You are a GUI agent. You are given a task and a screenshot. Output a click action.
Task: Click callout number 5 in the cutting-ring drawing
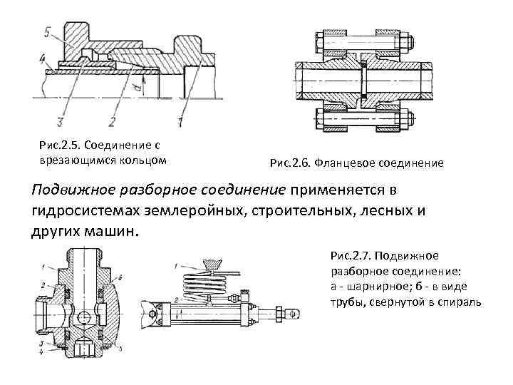(46, 32)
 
